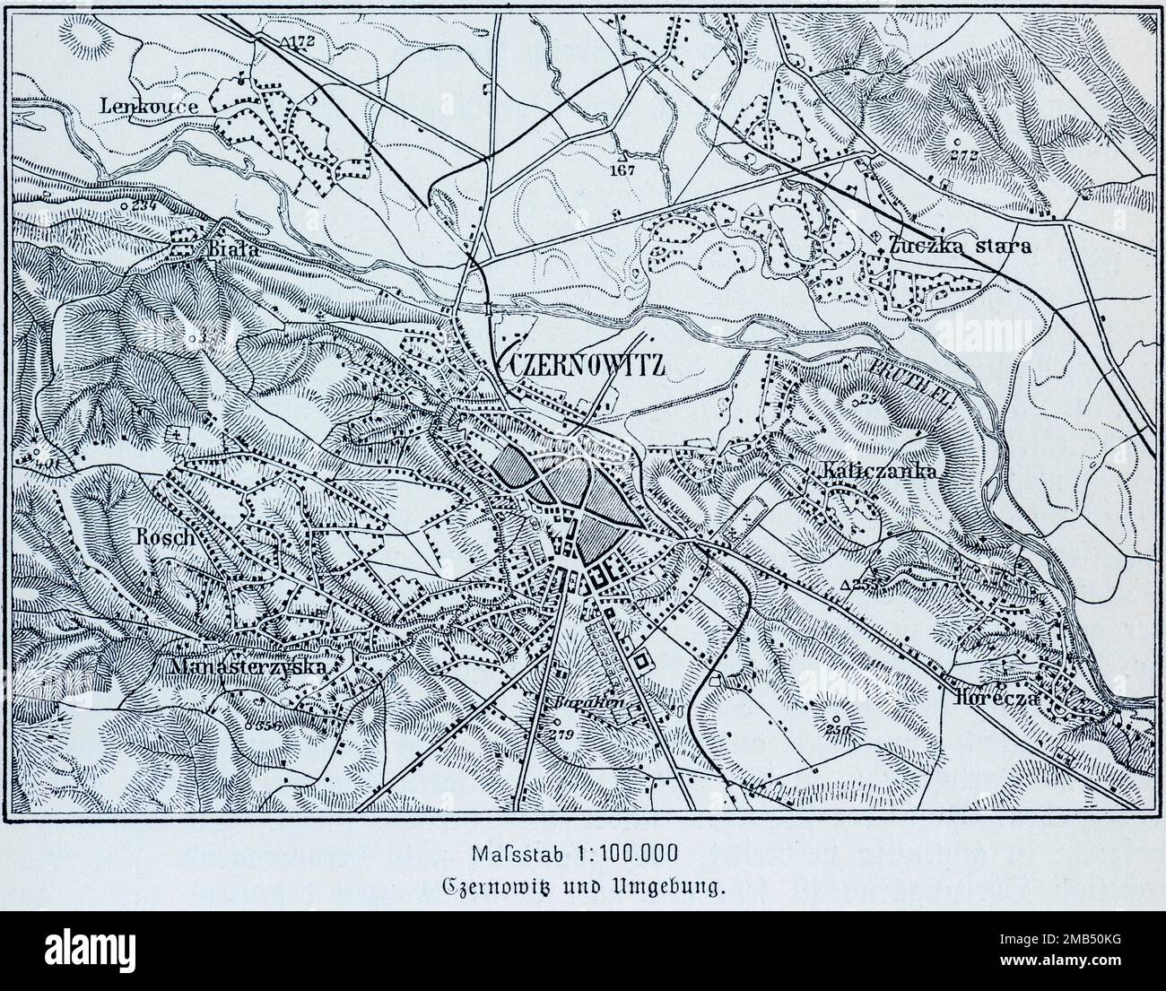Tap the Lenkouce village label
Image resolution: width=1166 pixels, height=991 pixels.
tap(148, 106)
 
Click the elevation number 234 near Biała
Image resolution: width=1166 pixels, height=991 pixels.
tap(144, 205)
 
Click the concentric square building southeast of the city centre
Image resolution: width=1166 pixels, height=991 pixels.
tap(640, 665)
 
